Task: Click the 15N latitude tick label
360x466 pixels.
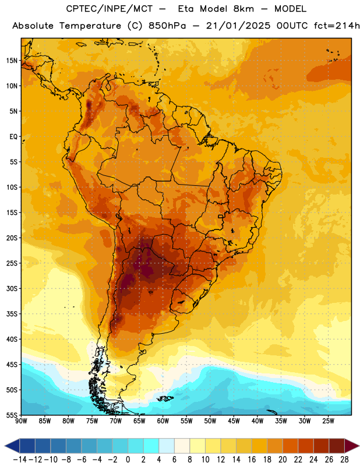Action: point(12,61)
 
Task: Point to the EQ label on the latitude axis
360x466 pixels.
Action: point(13,137)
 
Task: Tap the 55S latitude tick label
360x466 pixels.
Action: point(12,415)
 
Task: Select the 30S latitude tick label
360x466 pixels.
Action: point(12,288)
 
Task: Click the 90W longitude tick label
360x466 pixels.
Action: point(21,421)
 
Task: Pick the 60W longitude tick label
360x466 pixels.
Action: point(163,421)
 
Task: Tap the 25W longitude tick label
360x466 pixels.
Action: point(329,421)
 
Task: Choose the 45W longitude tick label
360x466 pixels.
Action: point(234,421)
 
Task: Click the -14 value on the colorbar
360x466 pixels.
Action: point(20,460)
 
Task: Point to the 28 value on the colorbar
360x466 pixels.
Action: point(344,460)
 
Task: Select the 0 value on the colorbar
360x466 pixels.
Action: point(128,460)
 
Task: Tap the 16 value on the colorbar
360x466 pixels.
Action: point(252,460)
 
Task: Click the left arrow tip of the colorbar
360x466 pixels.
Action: point(5,446)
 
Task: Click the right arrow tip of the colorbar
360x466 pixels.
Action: point(359,446)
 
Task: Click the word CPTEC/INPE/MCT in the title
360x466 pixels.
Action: point(110,9)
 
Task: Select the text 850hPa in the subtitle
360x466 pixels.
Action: point(167,26)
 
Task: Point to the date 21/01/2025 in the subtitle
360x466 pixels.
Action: point(238,26)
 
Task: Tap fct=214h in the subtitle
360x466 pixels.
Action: point(337,26)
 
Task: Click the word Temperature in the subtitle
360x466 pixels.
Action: point(90,26)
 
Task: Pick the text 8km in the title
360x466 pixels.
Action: point(243,9)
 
